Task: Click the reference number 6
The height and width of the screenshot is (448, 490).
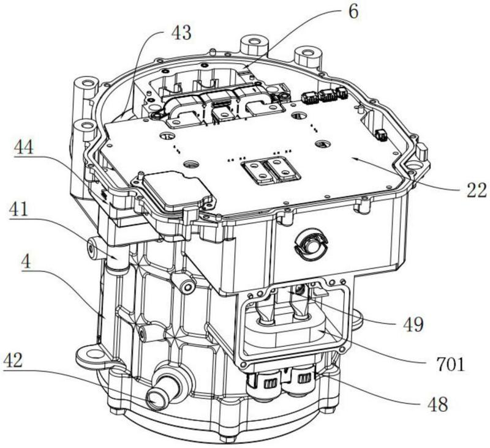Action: click(x=353, y=12)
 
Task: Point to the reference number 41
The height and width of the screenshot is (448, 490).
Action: click(x=19, y=210)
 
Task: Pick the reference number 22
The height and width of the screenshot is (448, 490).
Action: click(x=477, y=190)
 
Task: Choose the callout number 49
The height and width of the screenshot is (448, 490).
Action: click(x=413, y=324)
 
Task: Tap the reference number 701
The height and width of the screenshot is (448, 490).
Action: click(x=450, y=364)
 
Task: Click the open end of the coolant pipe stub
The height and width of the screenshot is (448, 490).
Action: click(x=156, y=399)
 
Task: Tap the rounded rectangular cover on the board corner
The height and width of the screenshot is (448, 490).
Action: click(x=174, y=190)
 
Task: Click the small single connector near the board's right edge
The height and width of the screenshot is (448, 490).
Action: click(x=381, y=135)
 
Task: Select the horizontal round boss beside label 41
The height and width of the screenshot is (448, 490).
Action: click(x=93, y=248)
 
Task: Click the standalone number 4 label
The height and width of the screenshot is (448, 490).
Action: click(x=26, y=262)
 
